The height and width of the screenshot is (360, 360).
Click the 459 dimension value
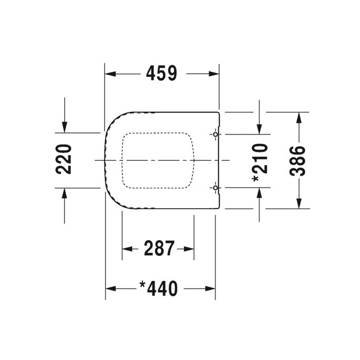[161, 74]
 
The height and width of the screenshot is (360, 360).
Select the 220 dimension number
[64, 159]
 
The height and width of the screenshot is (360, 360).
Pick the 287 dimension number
[159, 248]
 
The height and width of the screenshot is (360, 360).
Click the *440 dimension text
[159, 288]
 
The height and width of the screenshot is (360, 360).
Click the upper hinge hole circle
[216, 135]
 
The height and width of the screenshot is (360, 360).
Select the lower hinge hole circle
[216, 187]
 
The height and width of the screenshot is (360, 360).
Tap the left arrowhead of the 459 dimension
[109, 74]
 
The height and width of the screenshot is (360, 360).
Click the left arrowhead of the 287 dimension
[126, 248]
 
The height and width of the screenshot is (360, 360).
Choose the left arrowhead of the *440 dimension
[110, 288]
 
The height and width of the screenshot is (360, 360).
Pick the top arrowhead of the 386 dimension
[299, 116]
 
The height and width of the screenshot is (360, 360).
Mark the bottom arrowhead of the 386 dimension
[299, 203]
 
